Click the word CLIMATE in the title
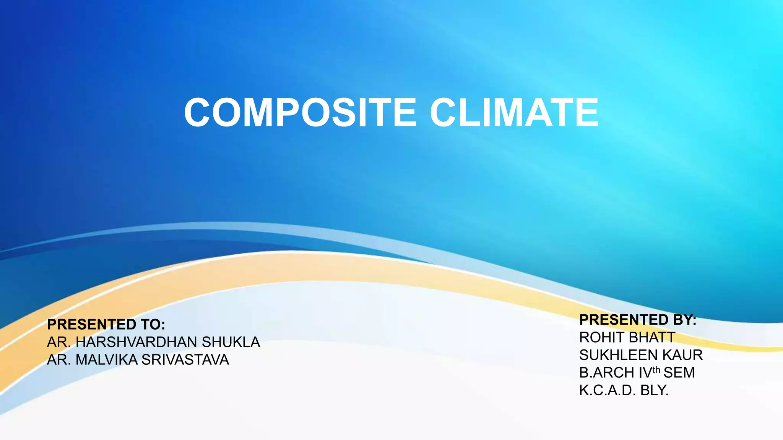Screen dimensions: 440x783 [x=514, y=113]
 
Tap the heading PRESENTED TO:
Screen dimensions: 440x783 [x=106, y=325]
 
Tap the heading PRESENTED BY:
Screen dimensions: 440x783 [x=638, y=320]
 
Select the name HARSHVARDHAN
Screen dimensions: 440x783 [x=136, y=342]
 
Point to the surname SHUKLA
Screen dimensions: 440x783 [x=231, y=342]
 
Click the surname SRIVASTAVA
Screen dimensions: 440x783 [x=185, y=360]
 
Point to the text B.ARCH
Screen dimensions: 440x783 [x=606, y=373]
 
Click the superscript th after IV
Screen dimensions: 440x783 [x=656, y=370]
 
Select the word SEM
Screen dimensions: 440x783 [x=679, y=373]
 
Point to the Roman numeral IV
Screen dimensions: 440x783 [x=645, y=373]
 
